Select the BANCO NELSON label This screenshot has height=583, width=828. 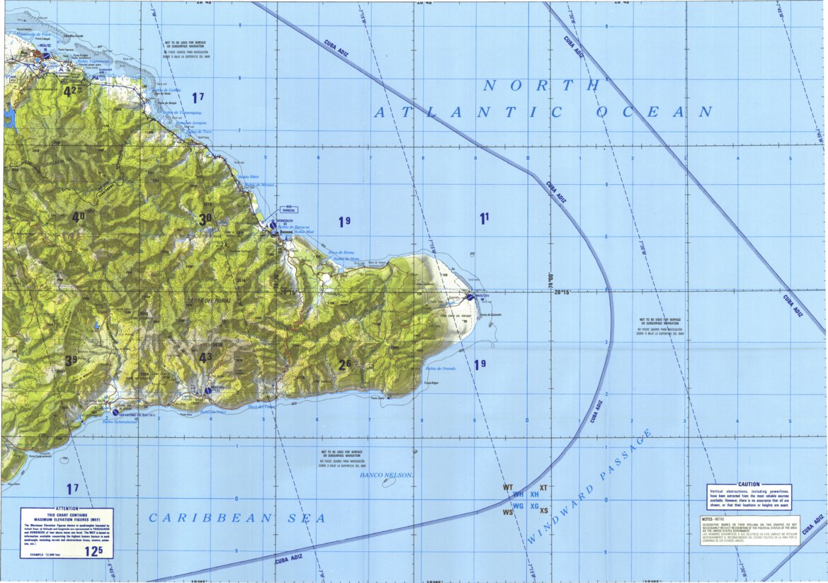pos(386,475)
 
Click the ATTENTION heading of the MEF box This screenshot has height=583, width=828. pos(67,509)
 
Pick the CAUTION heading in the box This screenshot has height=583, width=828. pos(748,485)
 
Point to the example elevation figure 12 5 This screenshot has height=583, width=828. pos(93,550)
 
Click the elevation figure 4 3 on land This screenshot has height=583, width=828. pos(206,358)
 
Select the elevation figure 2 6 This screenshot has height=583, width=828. pos(345,365)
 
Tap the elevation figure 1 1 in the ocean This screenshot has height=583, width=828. pos(484,219)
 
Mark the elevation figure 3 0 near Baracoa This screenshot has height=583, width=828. pos(205,220)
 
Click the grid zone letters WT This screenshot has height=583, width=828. pos(508,487)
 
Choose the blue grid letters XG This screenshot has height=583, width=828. pos(535,506)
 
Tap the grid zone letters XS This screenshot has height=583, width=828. pos(544,511)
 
